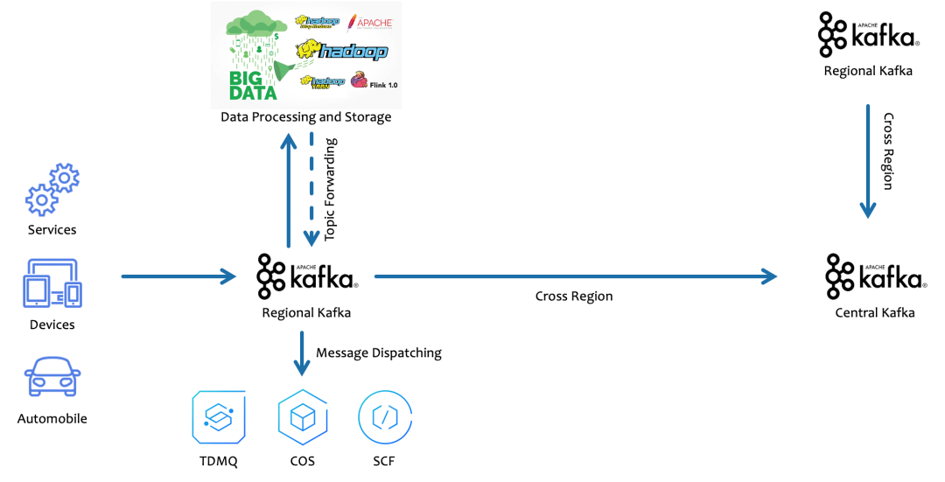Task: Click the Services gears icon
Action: click(52, 189)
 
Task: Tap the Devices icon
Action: click(52, 283)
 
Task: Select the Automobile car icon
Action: click(52, 377)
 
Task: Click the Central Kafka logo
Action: click(874, 276)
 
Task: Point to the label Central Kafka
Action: click(874, 312)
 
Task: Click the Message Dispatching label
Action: click(379, 353)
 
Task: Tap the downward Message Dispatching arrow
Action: click(302, 353)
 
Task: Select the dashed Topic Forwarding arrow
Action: click(311, 188)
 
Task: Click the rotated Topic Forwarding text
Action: click(330, 189)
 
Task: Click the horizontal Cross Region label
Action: click(574, 297)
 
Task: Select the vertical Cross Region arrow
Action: click(867, 161)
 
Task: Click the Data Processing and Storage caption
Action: click(305, 116)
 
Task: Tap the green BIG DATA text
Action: click(253, 85)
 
